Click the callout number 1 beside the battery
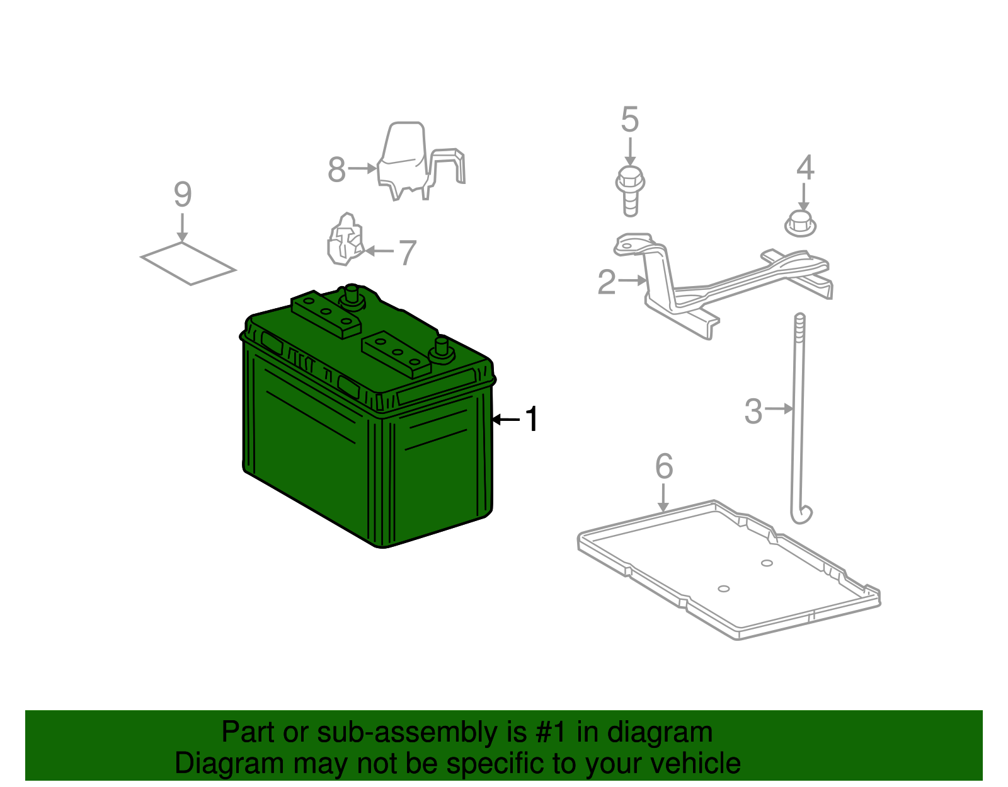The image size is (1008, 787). pos(531,419)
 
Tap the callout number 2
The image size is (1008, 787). pos(607,282)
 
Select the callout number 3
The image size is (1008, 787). pos(753,411)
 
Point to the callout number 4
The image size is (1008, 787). pos(805,168)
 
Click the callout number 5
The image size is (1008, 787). pos(630,119)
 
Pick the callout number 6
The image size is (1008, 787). pos(664,466)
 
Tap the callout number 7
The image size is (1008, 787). pos(408,253)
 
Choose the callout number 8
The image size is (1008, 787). pos(337,169)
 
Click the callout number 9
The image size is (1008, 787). pos(183,194)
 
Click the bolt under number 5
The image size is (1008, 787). pos(630,191)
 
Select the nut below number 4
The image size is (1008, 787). pos(800,224)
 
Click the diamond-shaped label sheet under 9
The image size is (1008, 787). pos(188,263)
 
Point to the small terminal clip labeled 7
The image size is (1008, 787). pos(346,239)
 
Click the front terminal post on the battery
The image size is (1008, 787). pos(441,350)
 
